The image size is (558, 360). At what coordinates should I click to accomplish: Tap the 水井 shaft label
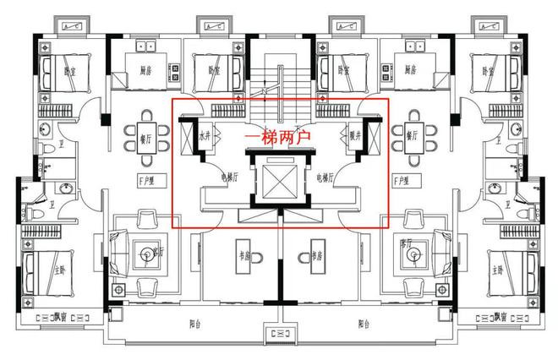coord(205,135)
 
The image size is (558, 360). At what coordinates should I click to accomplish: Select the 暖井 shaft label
coord(356,135)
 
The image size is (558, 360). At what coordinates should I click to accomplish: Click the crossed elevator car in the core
coord(279,180)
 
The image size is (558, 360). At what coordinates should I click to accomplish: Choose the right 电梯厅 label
coord(326,177)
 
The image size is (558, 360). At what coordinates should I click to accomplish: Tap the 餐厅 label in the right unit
coord(413,135)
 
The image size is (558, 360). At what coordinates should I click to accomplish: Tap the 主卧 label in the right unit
coord(498,270)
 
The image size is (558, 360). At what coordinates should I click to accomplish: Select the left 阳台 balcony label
coord(196,323)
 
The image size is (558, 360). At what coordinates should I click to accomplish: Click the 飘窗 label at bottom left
coord(59,318)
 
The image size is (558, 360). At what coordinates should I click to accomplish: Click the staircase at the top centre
coord(278,80)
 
